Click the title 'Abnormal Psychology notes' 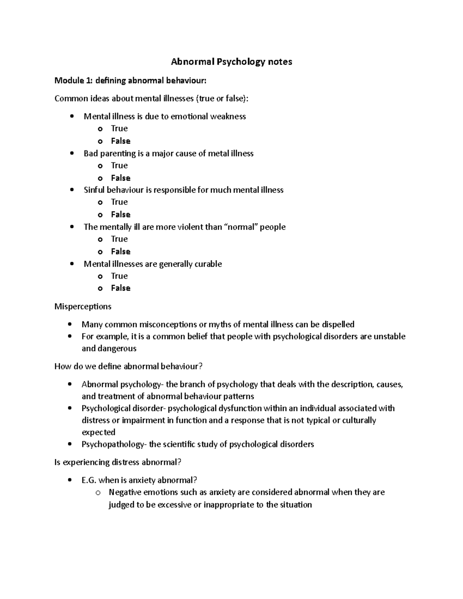(231, 62)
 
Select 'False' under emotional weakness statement (120, 141)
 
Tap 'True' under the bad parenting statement (119, 165)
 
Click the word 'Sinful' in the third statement (94, 190)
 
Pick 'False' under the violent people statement (120, 251)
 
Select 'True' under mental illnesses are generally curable (119, 276)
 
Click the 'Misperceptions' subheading (83, 307)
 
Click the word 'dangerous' (117, 349)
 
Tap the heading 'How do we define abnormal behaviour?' (128, 366)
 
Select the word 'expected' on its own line (98, 432)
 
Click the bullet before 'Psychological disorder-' (69, 408)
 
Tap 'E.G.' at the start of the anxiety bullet (89, 481)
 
